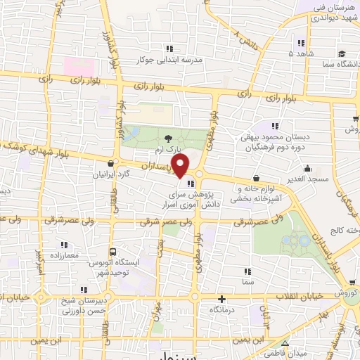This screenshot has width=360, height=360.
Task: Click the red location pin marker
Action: click(181, 166)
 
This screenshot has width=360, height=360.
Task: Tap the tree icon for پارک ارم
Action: click(167, 139)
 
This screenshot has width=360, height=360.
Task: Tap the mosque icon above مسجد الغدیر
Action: click(307, 169)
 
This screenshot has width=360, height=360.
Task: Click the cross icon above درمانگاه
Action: click(221, 298)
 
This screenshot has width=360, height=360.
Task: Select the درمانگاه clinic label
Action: click(221, 309)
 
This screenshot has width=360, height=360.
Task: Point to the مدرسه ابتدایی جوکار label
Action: click(173, 60)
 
